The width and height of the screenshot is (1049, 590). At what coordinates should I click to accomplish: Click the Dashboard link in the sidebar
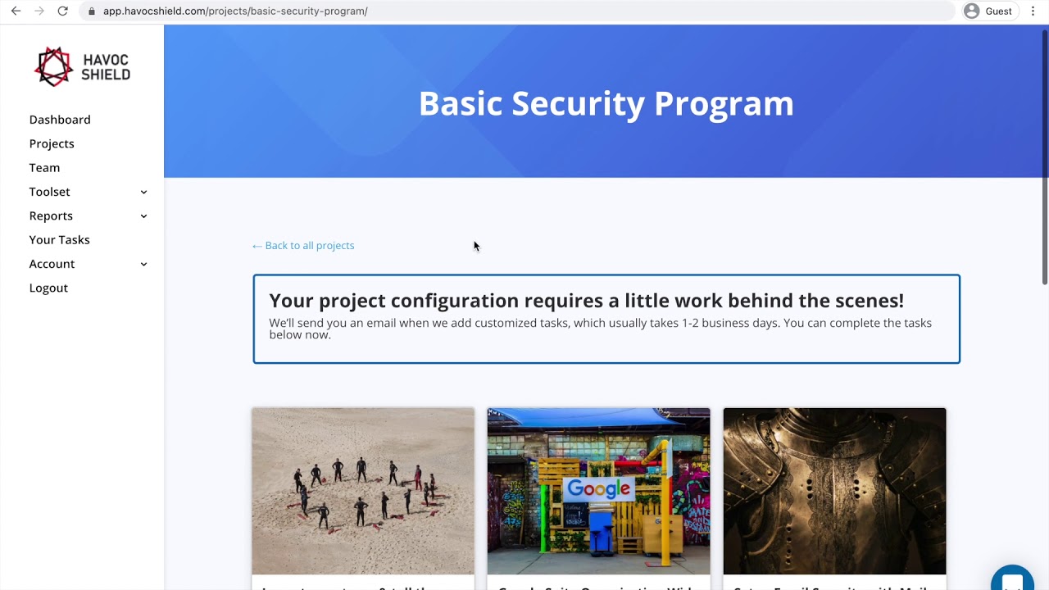pos(60,120)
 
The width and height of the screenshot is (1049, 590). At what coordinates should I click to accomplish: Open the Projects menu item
pos(52,143)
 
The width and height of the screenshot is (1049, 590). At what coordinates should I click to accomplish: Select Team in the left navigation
pos(44,167)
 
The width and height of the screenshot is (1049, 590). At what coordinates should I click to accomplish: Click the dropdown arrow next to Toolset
pos(143,192)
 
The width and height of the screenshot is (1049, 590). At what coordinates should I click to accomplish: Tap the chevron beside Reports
pos(143,216)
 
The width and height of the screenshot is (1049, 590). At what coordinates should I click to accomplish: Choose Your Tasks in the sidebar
pos(59,239)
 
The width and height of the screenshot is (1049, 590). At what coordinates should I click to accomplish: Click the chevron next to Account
pos(143,264)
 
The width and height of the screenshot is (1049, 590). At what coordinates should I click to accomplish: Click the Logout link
pos(48,288)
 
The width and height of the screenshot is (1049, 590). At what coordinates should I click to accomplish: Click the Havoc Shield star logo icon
pos(53,66)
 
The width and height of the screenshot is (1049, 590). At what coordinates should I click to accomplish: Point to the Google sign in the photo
pos(599,489)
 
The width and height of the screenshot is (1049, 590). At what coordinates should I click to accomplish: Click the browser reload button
pos(62,11)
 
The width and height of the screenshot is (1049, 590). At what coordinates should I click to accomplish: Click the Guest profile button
pos(988,11)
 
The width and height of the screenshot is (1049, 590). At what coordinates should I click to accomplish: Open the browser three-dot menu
pos(1033,11)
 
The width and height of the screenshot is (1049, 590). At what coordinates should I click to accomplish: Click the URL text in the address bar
pos(235,11)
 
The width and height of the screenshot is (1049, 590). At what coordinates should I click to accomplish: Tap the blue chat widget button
pos(1012,579)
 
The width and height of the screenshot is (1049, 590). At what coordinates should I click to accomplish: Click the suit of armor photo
pos(834,491)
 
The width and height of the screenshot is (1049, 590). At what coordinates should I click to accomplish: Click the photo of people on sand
pos(363,491)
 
